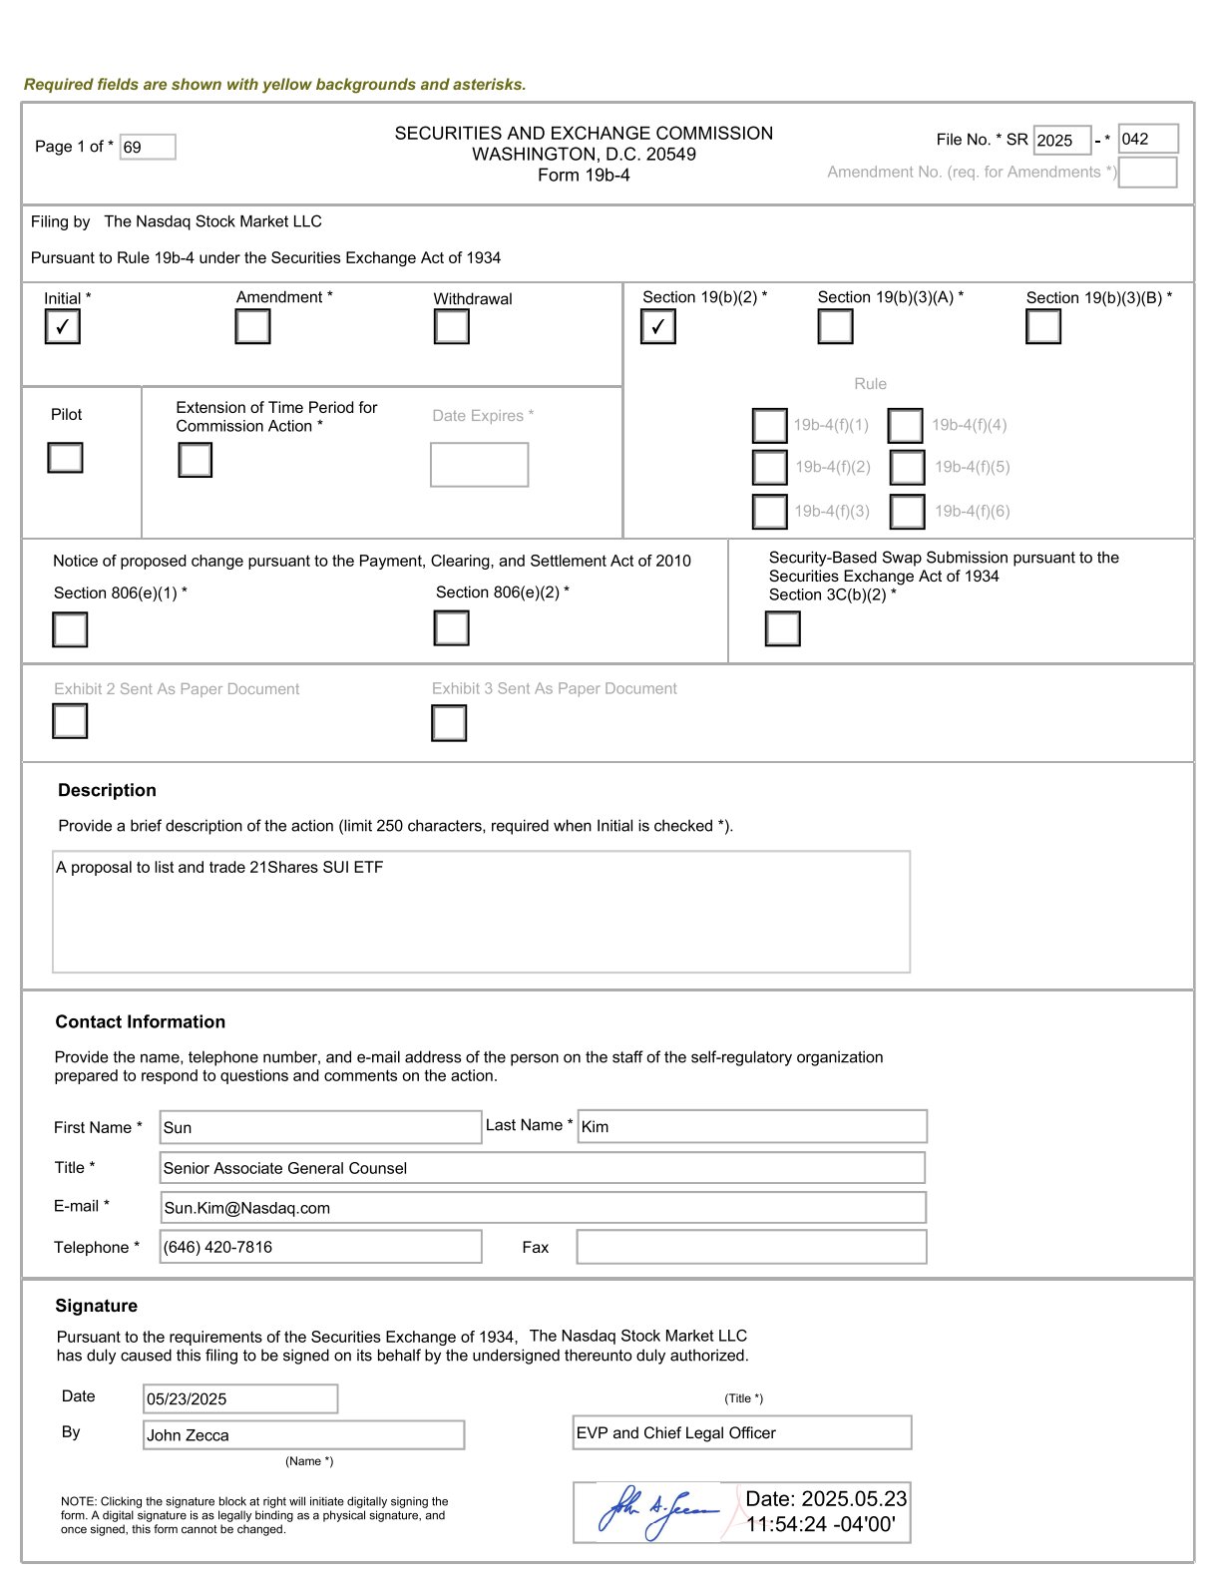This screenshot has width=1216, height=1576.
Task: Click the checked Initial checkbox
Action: coord(62,327)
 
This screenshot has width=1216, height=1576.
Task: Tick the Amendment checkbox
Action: coord(252,327)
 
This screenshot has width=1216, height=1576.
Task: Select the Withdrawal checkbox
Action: coord(451,327)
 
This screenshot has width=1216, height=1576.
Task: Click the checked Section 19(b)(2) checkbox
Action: coord(657,327)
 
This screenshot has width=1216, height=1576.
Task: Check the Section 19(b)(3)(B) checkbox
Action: coord(1042,327)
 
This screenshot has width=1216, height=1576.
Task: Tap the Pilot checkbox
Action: coord(65,458)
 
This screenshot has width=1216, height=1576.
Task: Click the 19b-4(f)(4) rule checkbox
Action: coord(905,426)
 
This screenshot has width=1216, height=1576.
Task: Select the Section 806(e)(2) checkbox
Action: coord(451,628)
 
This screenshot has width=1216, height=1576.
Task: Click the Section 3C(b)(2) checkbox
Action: coord(782,628)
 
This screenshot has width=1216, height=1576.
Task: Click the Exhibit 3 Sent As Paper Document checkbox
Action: coord(449,723)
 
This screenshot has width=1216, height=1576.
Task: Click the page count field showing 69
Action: coord(148,148)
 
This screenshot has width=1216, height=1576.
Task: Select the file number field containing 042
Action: coord(1147,140)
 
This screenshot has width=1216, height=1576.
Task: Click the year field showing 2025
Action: coord(1061,141)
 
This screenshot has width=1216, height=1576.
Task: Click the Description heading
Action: coord(107,790)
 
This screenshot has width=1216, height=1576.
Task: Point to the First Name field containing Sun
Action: coord(319,1127)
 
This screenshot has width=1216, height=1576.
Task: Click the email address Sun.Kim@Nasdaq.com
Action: coord(247,1208)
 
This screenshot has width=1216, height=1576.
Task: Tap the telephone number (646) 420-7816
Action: coord(217,1247)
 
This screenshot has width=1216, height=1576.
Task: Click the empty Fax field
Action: coord(751,1247)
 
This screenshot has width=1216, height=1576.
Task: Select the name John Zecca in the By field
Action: coord(189,1435)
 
